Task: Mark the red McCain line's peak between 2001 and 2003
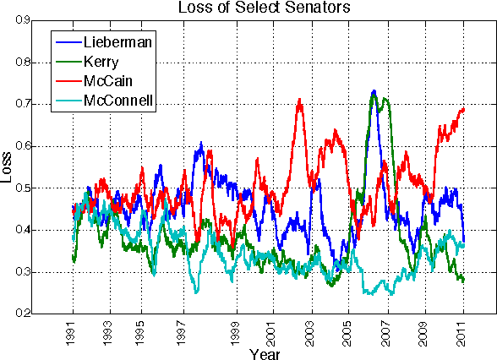[x=300, y=100]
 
